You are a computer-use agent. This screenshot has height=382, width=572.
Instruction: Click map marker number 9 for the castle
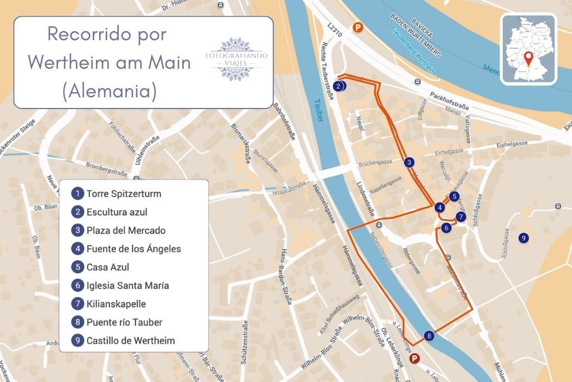click(523, 238)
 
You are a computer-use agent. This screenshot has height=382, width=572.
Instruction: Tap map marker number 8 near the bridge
click(429, 336)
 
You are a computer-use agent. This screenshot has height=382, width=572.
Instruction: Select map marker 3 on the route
click(409, 162)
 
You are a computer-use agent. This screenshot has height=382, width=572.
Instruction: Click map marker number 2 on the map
click(340, 86)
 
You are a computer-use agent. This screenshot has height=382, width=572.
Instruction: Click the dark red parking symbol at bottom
click(414, 358)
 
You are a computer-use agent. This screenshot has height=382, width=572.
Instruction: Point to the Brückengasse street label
click(375, 162)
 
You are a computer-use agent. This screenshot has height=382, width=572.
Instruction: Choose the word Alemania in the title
click(109, 91)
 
